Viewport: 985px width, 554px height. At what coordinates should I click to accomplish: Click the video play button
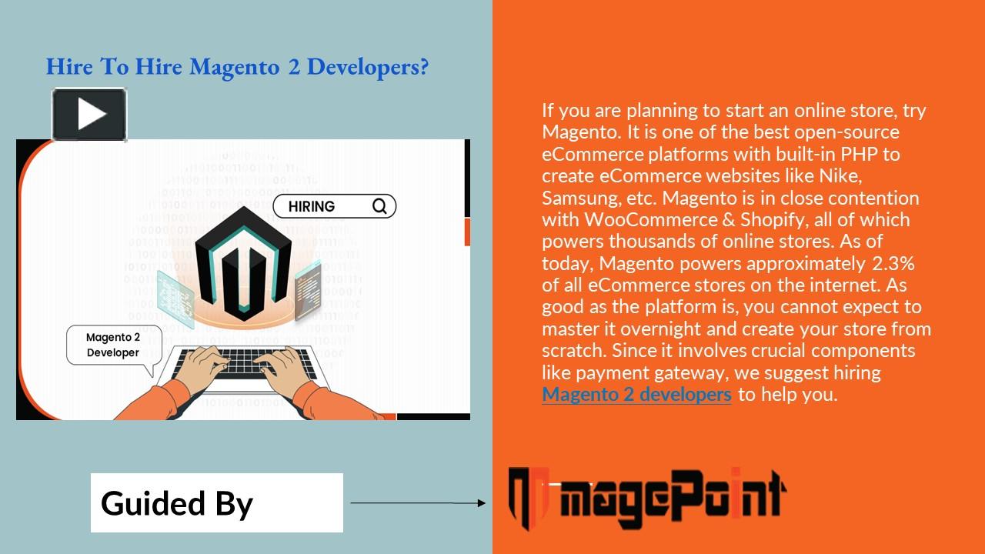[89, 115]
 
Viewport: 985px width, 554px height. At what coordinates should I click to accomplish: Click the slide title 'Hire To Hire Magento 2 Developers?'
[237, 68]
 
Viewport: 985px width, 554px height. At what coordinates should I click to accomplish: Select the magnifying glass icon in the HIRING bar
[379, 206]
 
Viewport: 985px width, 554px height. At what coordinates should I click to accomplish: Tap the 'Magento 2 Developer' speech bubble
[113, 345]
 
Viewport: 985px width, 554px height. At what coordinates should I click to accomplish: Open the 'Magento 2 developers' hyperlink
[636, 395]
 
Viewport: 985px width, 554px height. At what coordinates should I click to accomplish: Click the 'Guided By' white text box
[216, 503]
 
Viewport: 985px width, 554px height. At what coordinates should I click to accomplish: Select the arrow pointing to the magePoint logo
[418, 503]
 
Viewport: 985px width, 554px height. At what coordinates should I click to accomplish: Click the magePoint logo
[646, 497]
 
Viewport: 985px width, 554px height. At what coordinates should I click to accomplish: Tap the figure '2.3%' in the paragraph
[893, 264]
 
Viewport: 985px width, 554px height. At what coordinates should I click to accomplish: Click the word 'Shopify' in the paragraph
[771, 220]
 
